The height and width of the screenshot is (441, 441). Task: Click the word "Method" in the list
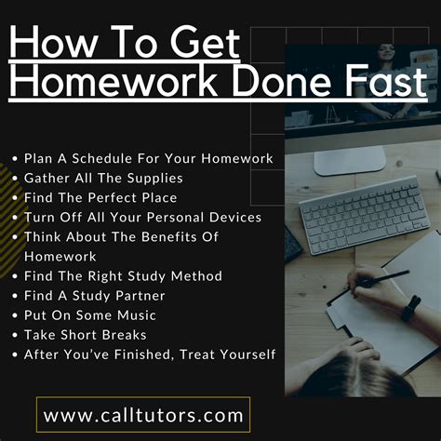point(195,275)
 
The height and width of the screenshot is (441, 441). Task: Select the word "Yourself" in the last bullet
point(242,354)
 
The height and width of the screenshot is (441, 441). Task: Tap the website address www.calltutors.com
point(144,412)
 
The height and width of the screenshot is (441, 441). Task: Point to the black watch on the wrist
point(410,307)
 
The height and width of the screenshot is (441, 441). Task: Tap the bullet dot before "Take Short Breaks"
point(14,334)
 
